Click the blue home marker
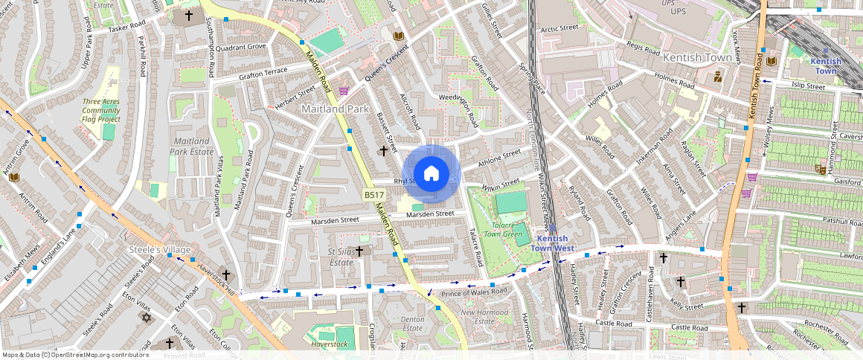pyautogui.click(x=431, y=173)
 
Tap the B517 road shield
pyautogui.click(x=373, y=195)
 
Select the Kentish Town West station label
pyautogui.click(x=553, y=243)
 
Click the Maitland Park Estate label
pyautogui.click(x=186, y=146)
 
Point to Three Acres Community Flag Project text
pyautogui.click(x=101, y=110)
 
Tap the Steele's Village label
pyautogui.click(x=160, y=249)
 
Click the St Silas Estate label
pyautogui.click(x=341, y=257)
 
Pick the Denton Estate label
pyautogui.click(x=412, y=324)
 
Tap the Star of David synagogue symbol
pyautogui.click(x=146, y=318)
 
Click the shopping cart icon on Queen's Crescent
pyautogui.click(x=343, y=91)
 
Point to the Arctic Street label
pyautogui.click(x=559, y=28)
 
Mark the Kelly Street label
pyautogui.click(x=686, y=305)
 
